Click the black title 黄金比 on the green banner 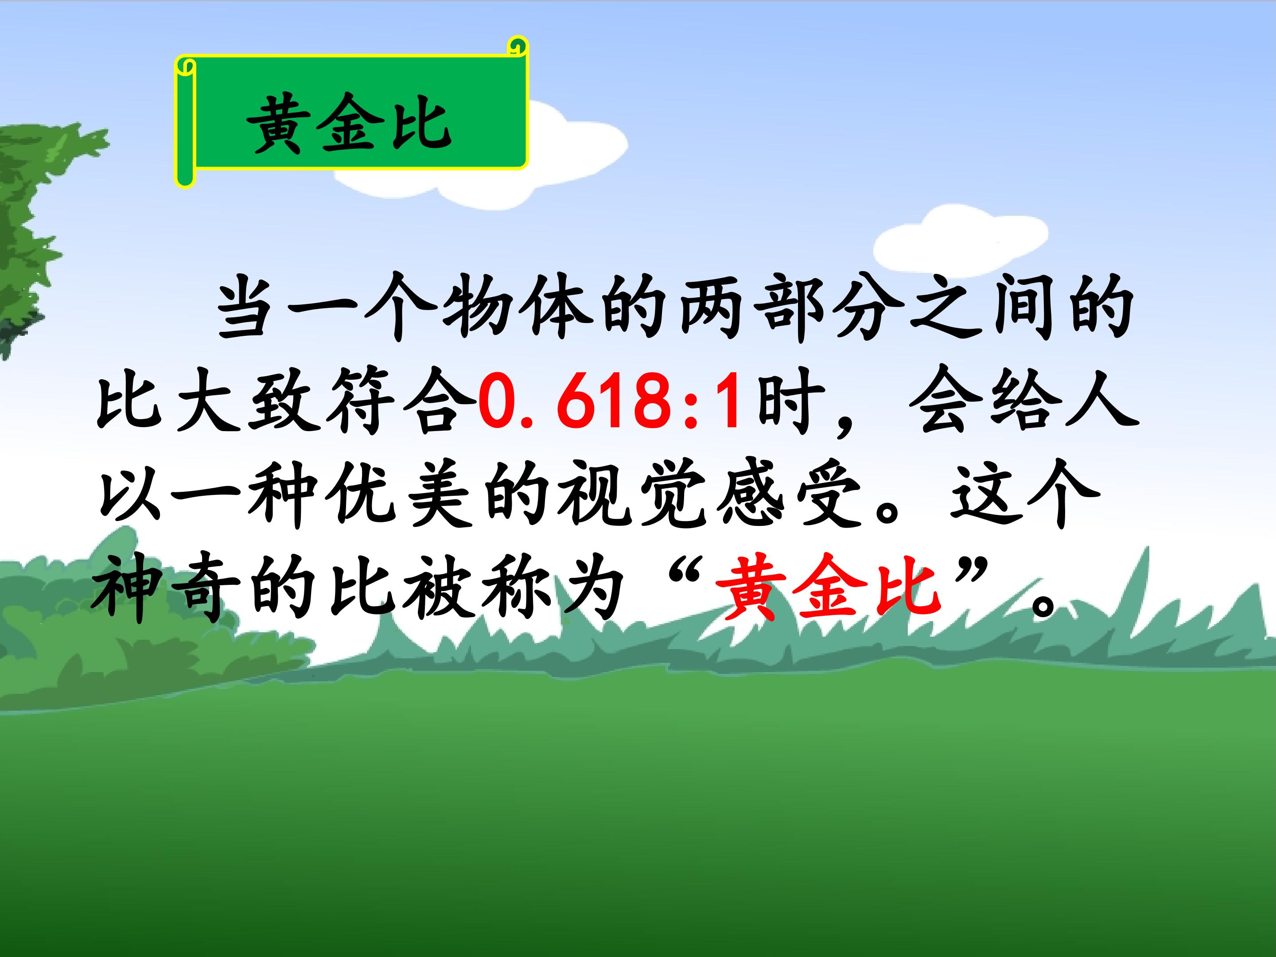[x=350, y=124]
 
